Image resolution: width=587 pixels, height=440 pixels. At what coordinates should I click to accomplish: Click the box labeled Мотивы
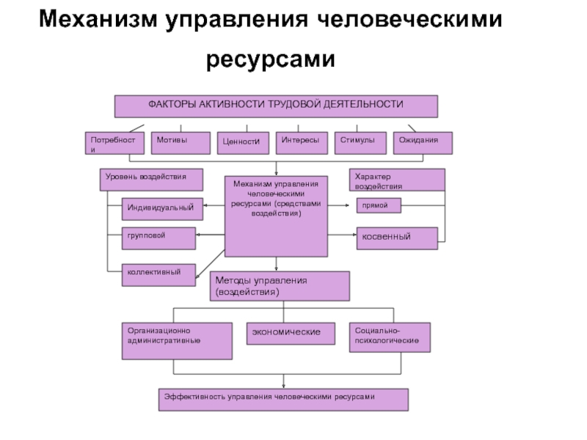[x=181, y=143]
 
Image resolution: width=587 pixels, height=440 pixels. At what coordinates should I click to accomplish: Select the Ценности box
[x=243, y=143]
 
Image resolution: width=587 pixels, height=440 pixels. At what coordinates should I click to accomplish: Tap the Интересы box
[x=302, y=143]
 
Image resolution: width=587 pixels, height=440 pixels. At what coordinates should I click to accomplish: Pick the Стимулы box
[x=360, y=143]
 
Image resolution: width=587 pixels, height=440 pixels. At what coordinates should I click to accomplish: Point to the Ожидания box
[x=423, y=143]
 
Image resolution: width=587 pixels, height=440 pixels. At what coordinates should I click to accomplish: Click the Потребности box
[x=114, y=143]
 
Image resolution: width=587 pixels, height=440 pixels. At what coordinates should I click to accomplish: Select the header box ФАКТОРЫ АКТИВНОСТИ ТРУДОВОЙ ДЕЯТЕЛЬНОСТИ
[x=276, y=106]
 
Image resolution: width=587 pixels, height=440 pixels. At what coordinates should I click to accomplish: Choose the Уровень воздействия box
[x=151, y=180]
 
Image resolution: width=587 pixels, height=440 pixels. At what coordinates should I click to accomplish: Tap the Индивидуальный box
[x=162, y=209]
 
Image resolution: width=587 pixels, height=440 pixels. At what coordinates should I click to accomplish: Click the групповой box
[x=158, y=238]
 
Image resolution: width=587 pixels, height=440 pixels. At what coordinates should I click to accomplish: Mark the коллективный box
[x=158, y=275]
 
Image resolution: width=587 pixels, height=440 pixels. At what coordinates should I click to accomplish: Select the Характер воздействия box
[x=397, y=180]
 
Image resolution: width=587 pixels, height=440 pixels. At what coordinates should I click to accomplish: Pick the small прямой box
[x=379, y=205]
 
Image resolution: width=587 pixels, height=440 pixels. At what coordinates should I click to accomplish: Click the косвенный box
[x=397, y=238]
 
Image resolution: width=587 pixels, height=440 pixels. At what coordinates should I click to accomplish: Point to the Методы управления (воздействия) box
[x=280, y=286]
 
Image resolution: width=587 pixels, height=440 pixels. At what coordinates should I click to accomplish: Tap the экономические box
[x=291, y=334]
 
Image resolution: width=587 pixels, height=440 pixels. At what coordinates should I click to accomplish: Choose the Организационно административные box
[x=177, y=341]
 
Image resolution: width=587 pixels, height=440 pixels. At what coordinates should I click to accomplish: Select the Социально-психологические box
[x=390, y=337]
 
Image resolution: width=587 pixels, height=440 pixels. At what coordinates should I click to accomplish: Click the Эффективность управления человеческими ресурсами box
[x=283, y=400]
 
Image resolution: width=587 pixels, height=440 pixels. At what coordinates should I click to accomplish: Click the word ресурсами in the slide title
[x=271, y=60]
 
